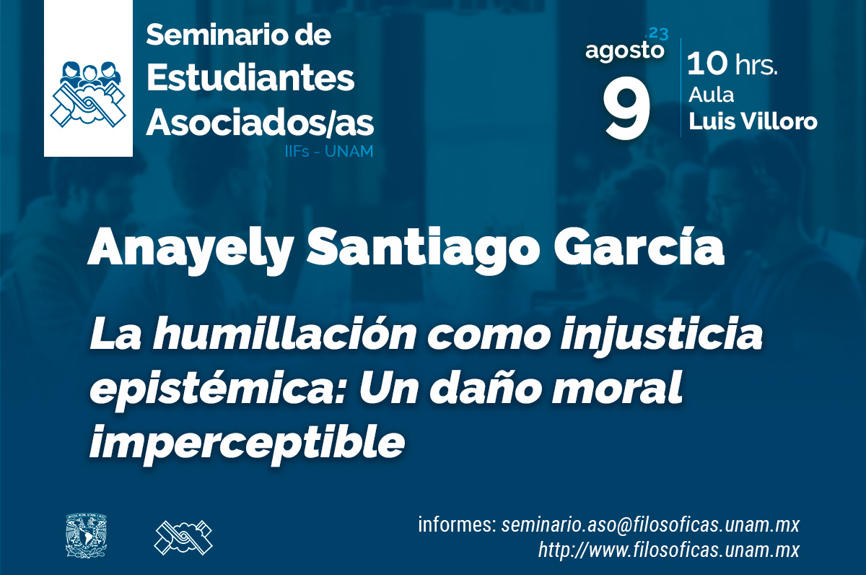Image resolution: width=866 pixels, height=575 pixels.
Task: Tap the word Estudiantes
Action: [x=250, y=78]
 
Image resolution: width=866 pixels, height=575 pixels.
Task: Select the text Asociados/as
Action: [x=260, y=123]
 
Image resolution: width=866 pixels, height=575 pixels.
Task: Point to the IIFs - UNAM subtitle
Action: [x=329, y=151]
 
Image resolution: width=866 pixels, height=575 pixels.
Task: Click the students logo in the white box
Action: [x=89, y=94]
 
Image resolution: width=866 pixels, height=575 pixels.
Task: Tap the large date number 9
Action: [x=626, y=108]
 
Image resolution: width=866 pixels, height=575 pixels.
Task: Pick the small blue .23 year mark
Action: [x=657, y=34]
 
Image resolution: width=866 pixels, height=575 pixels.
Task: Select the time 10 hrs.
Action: [x=732, y=64]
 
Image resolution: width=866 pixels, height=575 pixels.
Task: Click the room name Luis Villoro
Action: [x=753, y=121]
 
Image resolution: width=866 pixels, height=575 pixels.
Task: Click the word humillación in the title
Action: [x=284, y=334]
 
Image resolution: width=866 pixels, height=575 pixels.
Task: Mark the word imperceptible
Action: [x=248, y=441]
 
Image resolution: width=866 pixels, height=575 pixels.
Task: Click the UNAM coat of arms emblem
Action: [x=86, y=535]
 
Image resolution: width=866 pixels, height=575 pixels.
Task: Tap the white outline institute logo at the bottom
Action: [x=183, y=537]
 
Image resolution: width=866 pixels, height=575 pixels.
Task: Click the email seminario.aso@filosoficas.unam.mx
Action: [x=650, y=524]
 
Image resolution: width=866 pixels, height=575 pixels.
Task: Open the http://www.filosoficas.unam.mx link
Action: [x=669, y=550]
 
